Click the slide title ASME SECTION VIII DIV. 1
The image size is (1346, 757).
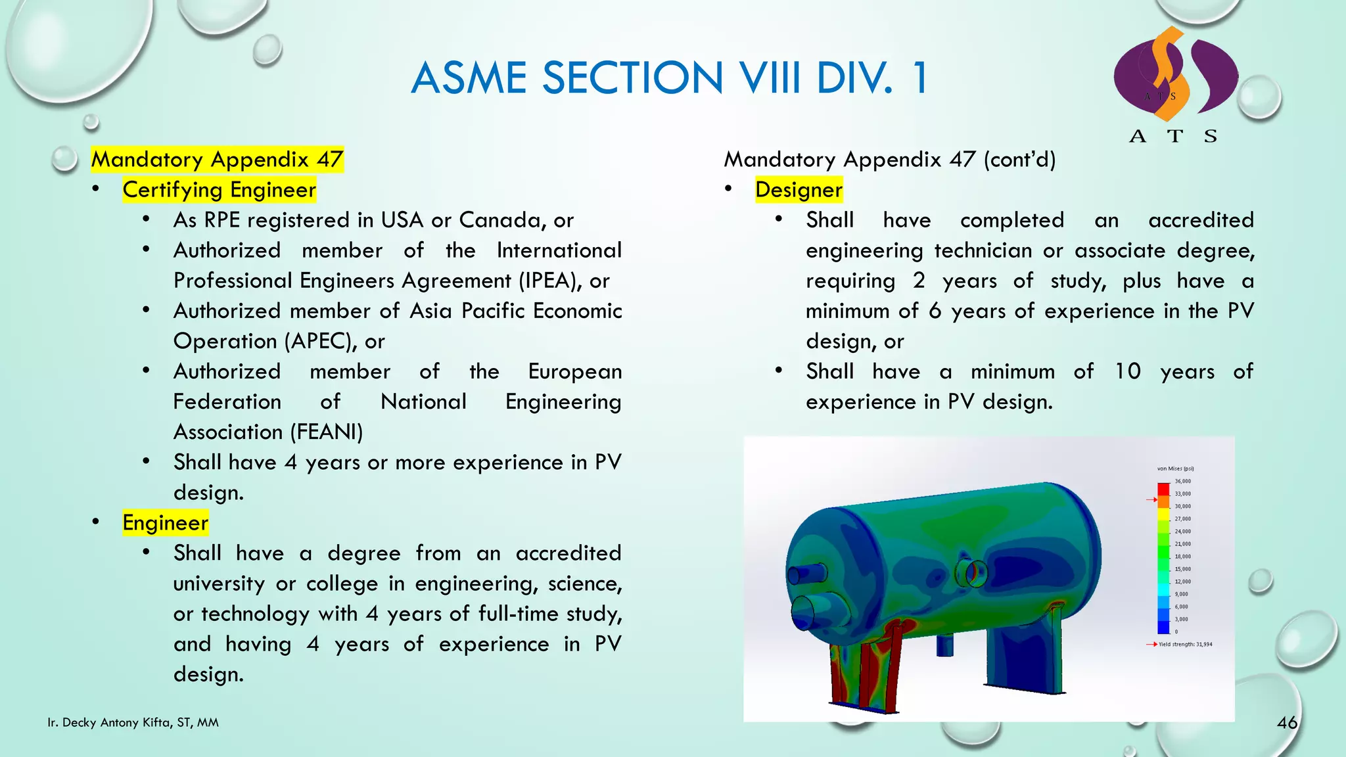(669, 78)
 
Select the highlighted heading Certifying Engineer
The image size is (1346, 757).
(219, 190)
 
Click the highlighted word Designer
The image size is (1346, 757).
(799, 190)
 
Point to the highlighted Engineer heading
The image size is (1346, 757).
(165, 523)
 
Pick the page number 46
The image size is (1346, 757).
(1287, 723)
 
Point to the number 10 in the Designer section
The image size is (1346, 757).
(1128, 372)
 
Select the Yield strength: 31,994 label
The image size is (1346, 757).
(1184, 645)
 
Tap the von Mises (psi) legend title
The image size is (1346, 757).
(1175, 469)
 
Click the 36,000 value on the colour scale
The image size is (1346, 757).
(1182, 481)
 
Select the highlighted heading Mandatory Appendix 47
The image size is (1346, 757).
(217, 160)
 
